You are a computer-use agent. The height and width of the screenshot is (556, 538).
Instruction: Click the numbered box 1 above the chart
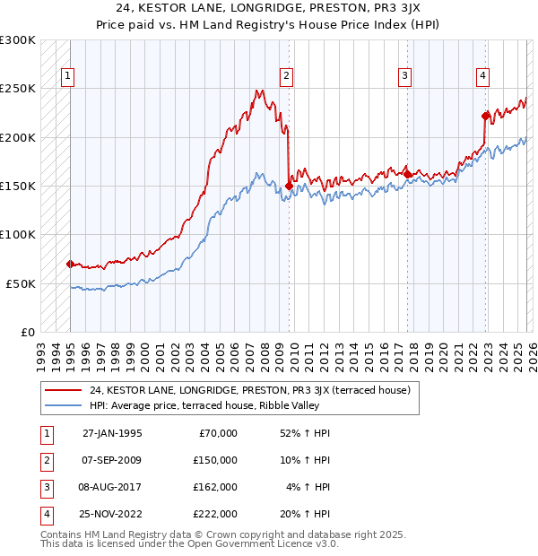click(69, 77)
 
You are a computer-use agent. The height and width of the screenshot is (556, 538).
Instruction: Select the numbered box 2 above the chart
click(286, 77)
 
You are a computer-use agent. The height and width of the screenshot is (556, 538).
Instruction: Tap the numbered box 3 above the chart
click(405, 77)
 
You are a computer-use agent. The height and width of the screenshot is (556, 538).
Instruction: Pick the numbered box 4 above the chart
click(482, 77)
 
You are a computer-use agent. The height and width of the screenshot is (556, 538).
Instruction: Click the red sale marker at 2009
click(289, 186)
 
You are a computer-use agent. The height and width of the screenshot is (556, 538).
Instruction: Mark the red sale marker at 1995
click(70, 264)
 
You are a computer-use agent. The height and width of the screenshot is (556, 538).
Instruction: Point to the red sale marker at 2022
click(485, 116)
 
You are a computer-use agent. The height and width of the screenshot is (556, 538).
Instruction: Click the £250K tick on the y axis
click(18, 89)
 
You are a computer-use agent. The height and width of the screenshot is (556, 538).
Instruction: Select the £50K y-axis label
click(21, 283)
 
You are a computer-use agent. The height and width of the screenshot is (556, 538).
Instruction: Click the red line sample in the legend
click(64, 391)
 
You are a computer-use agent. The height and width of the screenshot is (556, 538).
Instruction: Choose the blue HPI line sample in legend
click(64, 406)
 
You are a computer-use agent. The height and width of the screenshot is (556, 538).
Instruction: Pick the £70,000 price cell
click(216, 432)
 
